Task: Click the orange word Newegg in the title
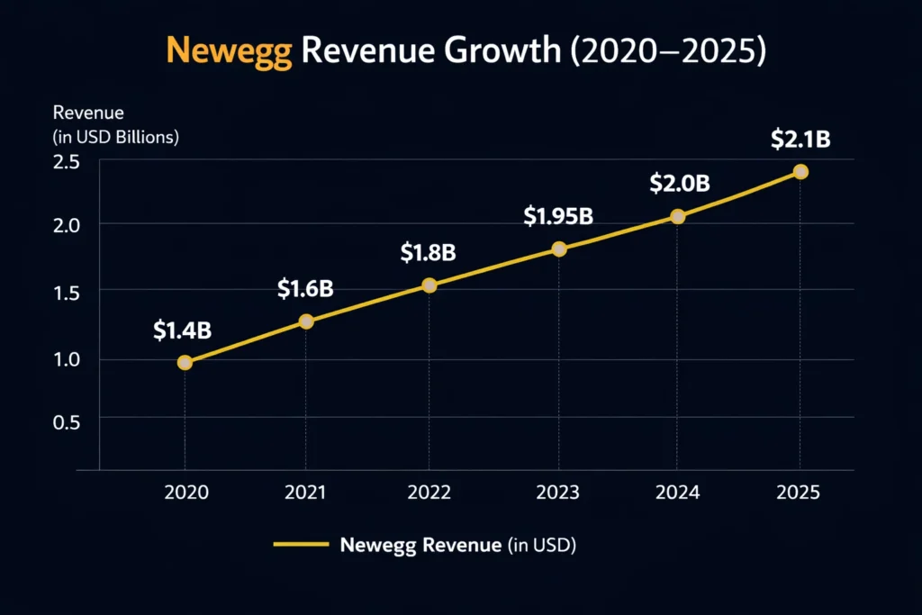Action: (x=229, y=51)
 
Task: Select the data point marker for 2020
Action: (x=185, y=363)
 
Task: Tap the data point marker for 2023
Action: (x=559, y=249)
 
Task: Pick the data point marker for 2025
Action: (x=800, y=172)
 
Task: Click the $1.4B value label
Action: (x=182, y=330)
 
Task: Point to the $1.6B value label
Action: (x=305, y=288)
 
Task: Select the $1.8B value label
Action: (x=428, y=253)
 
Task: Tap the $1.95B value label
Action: (x=558, y=216)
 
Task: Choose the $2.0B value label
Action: (x=680, y=184)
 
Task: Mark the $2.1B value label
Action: (x=800, y=140)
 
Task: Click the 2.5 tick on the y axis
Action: (x=67, y=162)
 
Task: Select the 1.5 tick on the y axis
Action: (x=67, y=292)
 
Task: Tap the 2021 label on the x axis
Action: (x=306, y=493)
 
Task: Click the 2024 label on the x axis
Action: (x=678, y=493)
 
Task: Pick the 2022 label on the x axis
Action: (x=429, y=493)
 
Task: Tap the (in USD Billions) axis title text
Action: (x=116, y=138)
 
